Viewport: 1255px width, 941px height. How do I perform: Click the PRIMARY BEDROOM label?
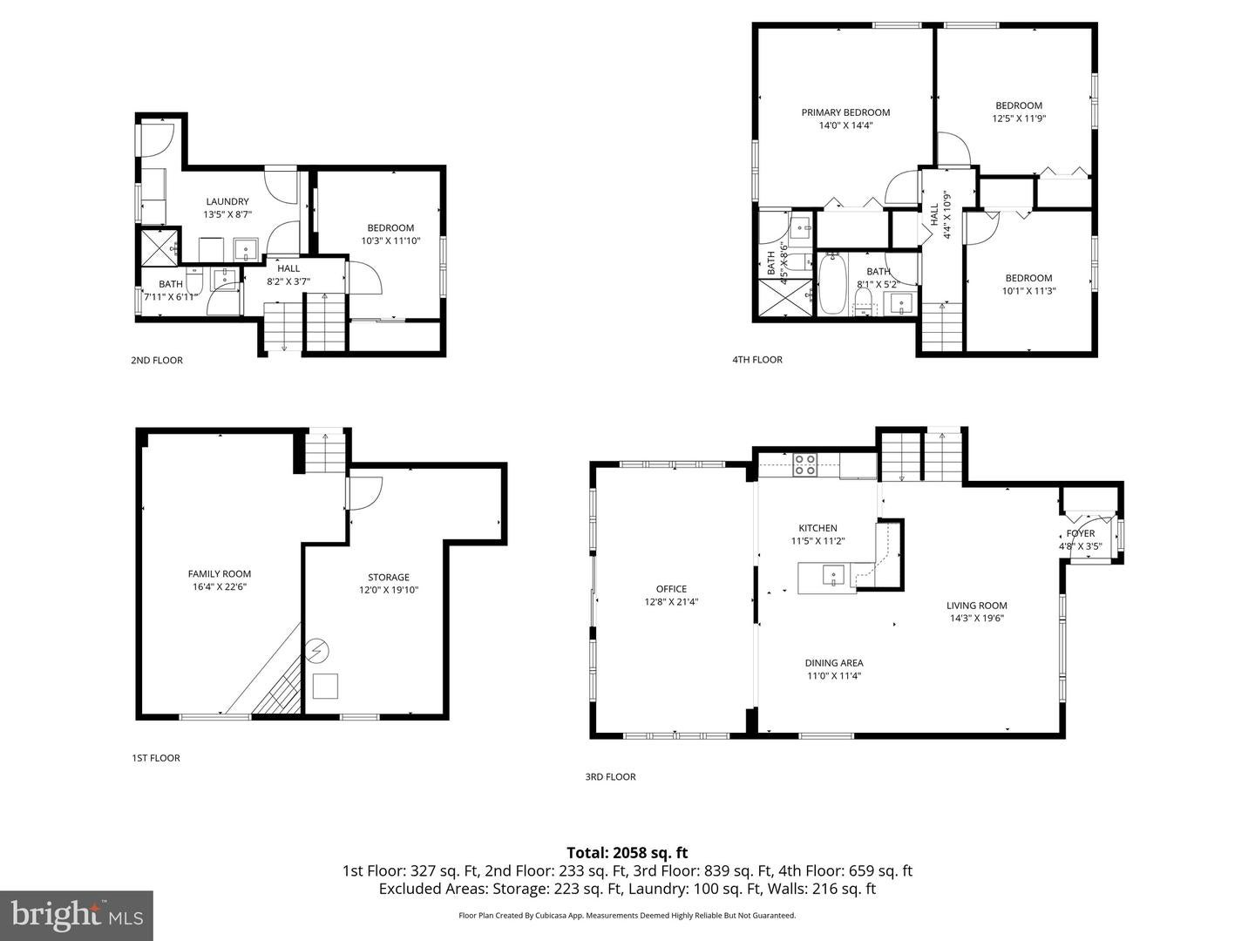click(x=845, y=112)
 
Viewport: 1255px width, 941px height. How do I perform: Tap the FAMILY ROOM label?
click(x=220, y=573)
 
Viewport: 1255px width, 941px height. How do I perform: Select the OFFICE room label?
click(x=671, y=588)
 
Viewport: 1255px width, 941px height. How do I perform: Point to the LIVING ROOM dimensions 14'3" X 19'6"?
click(x=977, y=618)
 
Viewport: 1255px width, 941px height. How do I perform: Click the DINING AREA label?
click(x=834, y=663)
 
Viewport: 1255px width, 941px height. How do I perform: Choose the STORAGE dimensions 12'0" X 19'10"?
click(x=389, y=590)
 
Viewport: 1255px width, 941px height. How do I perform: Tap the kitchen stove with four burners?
click(x=804, y=464)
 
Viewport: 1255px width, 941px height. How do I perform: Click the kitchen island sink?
click(x=834, y=575)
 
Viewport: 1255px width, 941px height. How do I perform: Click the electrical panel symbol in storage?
click(x=317, y=650)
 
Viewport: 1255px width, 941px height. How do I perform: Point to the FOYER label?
click(x=1081, y=533)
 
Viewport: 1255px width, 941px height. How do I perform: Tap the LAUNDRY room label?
click(x=227, y=201)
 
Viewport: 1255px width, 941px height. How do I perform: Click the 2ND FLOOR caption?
click(x=157, y=360)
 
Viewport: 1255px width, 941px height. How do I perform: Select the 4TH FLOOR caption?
click(x=757, y=359)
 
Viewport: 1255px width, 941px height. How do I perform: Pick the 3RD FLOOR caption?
click(x=610, y=776)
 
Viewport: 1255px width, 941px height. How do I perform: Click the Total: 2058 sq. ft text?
click(x=627, y=852)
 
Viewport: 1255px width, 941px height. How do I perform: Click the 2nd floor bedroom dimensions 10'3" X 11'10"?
click(x=390, y=240)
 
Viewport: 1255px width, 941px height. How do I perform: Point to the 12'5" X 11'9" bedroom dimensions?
click(x=1019, y=118)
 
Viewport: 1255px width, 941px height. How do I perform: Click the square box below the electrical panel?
click(x=325, y=687)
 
